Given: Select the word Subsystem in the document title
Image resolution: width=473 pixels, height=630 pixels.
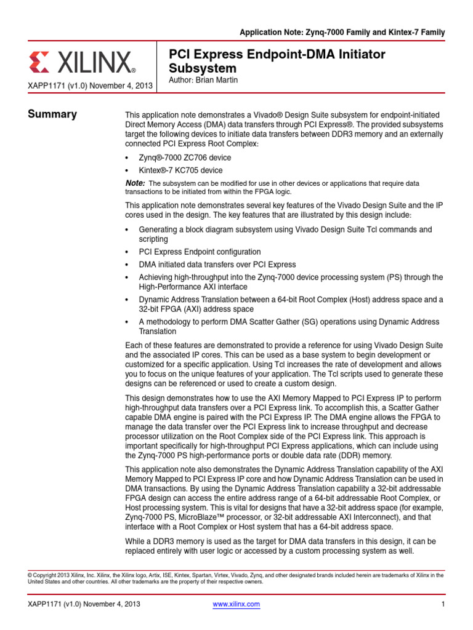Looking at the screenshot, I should tap(202, 68).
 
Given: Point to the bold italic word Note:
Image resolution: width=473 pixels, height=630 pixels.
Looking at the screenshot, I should tap(135, 183).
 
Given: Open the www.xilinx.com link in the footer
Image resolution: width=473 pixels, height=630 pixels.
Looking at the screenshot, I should tap(236, 604).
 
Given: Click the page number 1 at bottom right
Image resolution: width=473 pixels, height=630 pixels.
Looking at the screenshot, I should tap(443, 604).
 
